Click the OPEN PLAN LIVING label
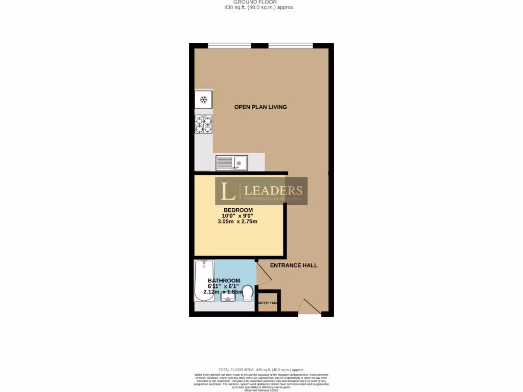click(x=260, y=107)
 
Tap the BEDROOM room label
click(x=238, y=210)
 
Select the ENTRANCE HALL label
click(x=294, y=265)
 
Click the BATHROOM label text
click(x=224, y=281)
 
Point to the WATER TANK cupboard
click(x=268, y=303)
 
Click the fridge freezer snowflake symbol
click(x=203, y=100)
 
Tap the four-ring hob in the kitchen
click(x=203, y=125)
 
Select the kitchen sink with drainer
click(x=231, y=163)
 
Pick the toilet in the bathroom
click(x=248, y=293)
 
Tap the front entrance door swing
click(x=310, y=307)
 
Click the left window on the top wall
click(x=229, y=45)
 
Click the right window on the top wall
click(x=291, y=45)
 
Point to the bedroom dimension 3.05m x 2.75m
click(x=237, y=222)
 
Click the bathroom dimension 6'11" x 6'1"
click(x=223, y=286)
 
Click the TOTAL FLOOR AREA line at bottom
click(x=261, y=370)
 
